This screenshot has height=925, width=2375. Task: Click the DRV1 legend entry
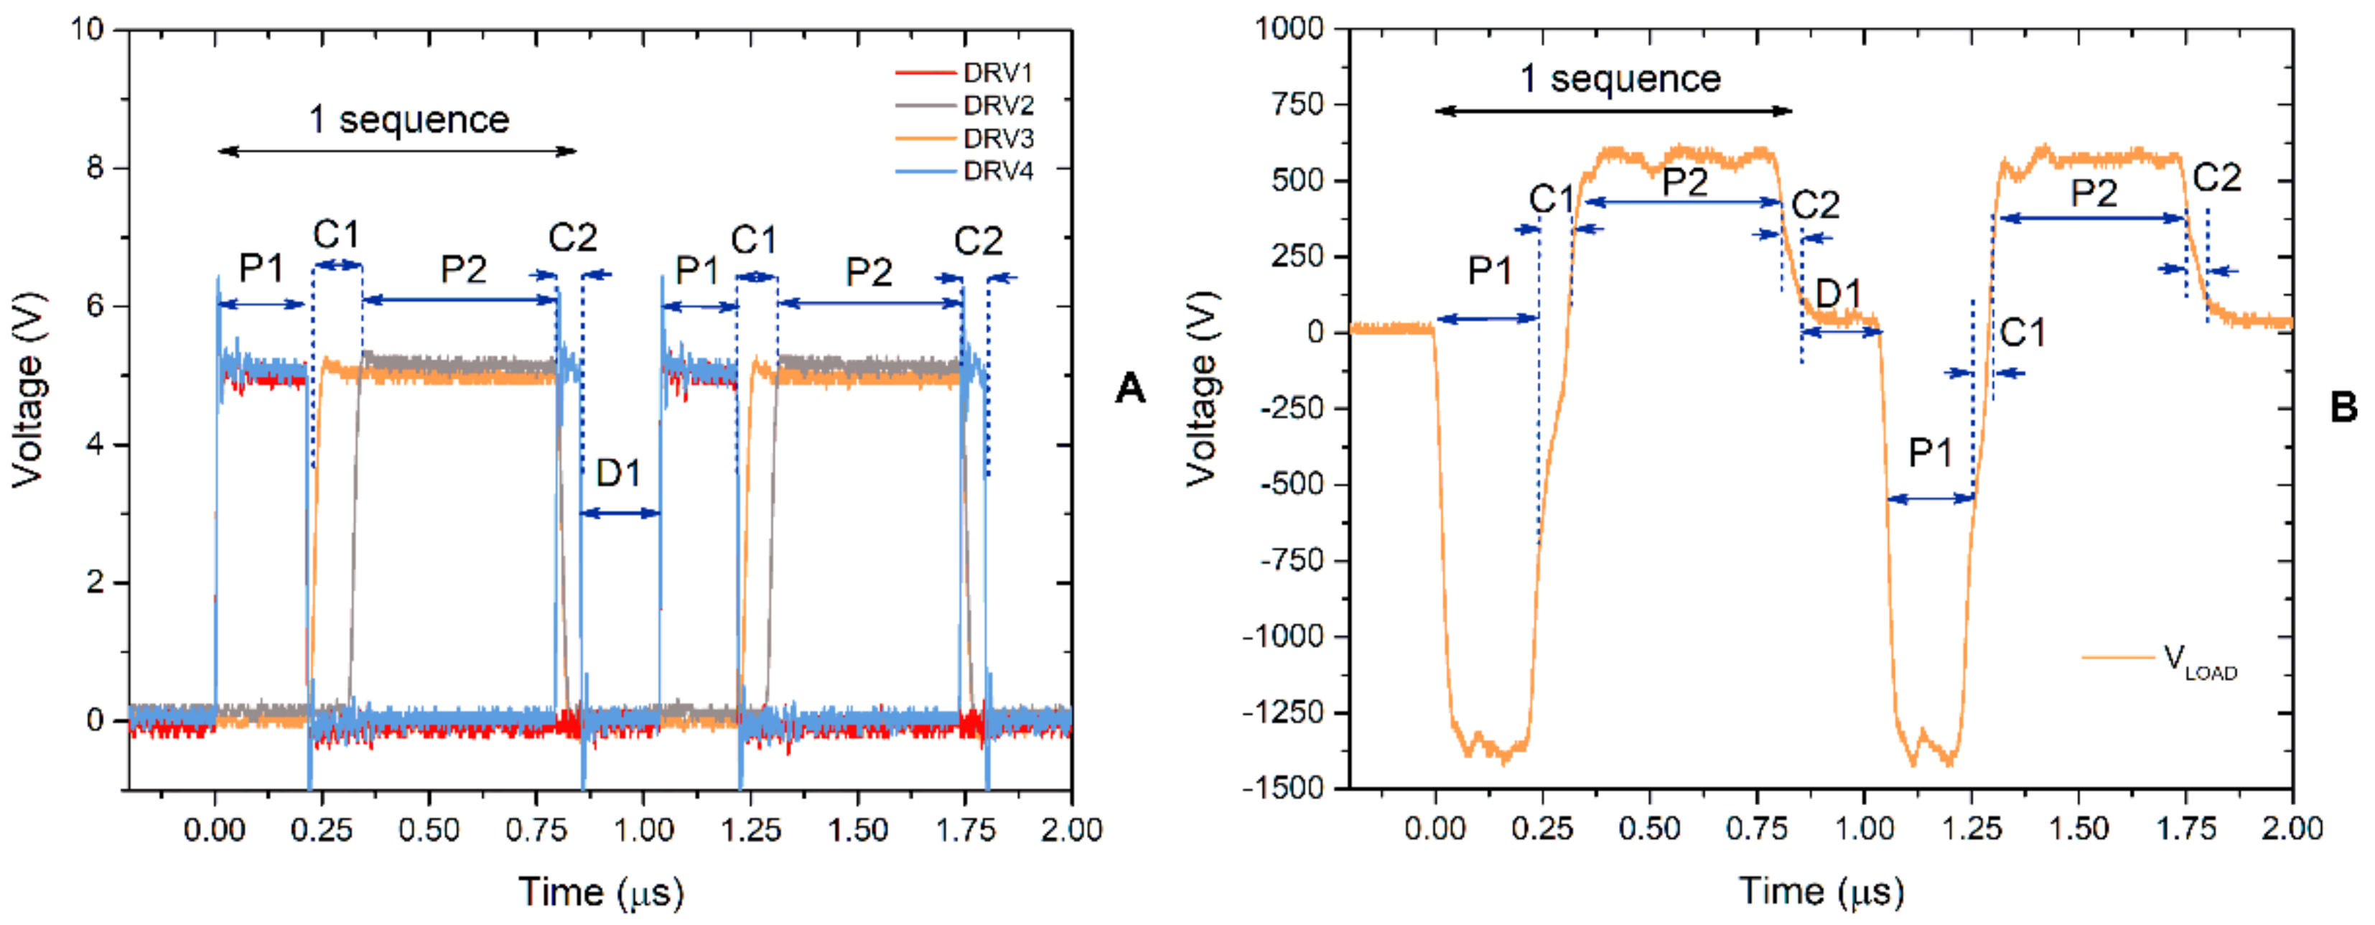click(964, 72)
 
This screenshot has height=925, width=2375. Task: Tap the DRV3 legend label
click(999, 139)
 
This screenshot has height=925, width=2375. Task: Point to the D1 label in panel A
click(617, 473)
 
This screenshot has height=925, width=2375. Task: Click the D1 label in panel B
click(1839, 293)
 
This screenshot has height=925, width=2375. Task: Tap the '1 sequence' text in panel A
click(409, 119)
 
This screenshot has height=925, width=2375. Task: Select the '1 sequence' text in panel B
click(1620, 78)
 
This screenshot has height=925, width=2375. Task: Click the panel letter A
click(1129, 387)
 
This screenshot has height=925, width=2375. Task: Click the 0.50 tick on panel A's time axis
click(429, 829)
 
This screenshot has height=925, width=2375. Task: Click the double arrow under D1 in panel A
click(620, 513)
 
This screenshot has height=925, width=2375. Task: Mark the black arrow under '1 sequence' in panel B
click(1613, 111)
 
